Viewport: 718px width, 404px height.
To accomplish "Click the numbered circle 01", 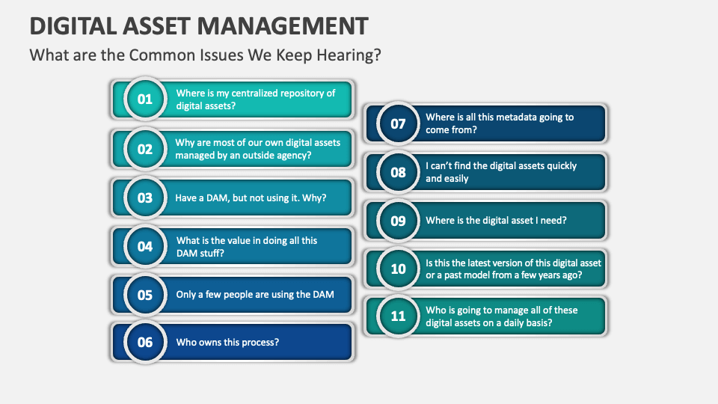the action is click(x=144, y=99).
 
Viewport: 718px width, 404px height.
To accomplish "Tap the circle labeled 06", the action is click(x=144, y=342).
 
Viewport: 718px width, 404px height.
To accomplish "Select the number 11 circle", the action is click(x=398, y=316).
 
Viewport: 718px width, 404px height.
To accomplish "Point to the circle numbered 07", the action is click(x=398, y=123).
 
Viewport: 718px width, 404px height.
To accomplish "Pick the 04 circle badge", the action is click(x=144, y=246).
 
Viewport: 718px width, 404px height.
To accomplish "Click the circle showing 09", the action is click(x=398, y=221).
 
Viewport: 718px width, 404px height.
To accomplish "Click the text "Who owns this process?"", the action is click(x=227, y=342).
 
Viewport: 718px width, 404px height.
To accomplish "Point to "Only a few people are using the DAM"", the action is click(x=255, y=295).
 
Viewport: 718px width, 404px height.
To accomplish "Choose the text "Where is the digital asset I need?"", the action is click(x=497, y=220).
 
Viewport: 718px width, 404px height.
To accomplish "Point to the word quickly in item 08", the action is click(x=562, y=166).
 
